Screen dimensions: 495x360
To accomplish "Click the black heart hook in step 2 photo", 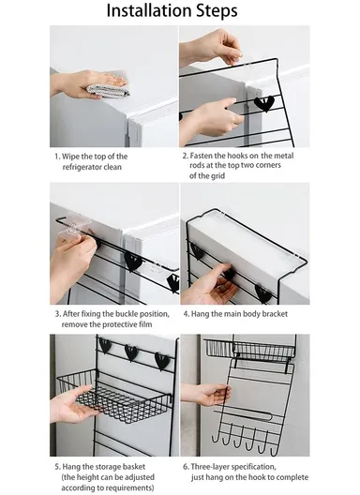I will [264, 103].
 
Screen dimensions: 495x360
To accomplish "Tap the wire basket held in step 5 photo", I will [112, 394].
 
